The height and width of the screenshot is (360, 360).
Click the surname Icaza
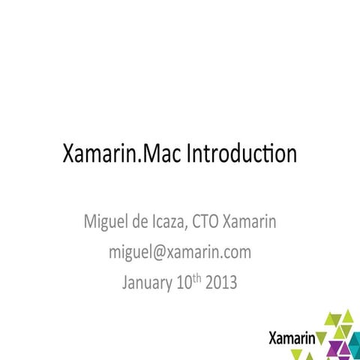[x=174, y=223]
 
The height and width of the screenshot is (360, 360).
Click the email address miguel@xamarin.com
[x=180, y=253]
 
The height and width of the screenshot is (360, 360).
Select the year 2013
[x=223, y=283]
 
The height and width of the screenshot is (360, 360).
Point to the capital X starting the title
[x=69, y=155]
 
